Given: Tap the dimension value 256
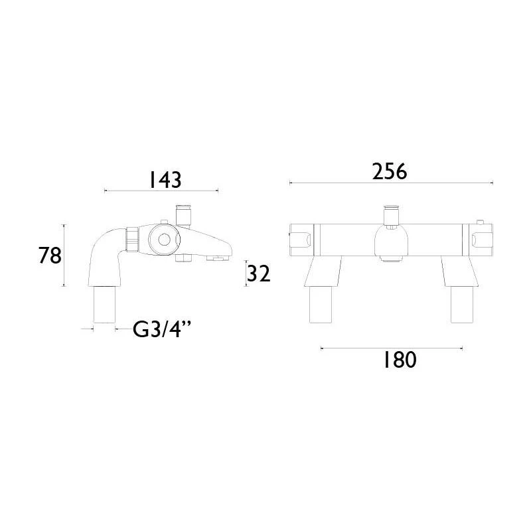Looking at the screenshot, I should click(x=388, y=171).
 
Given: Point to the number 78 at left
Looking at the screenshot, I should click(x=50, y=256).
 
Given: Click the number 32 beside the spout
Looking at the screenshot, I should click(x=259, y=273).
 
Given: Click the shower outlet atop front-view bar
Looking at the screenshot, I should click(x=390, y=215).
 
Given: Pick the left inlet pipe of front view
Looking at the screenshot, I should click(x=320, y=305).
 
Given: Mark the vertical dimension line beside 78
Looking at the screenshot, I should click(x=64, y=256).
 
